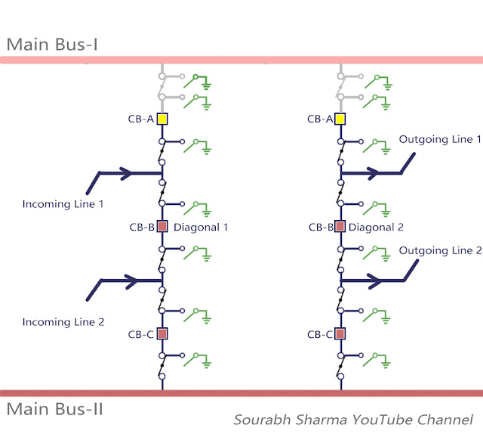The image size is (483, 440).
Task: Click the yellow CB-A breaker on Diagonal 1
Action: coord(162,119)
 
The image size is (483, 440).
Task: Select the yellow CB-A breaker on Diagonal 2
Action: coord(340,119)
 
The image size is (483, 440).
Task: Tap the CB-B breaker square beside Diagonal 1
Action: coord(162,227)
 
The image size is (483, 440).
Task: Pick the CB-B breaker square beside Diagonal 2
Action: coord(340,227)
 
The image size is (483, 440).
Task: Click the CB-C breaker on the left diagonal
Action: coord(162,333)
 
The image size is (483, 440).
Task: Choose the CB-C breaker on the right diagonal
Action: coord(340,333)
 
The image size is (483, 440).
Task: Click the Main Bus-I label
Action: coord(52,45)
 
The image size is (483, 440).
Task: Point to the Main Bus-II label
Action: coord(55,409)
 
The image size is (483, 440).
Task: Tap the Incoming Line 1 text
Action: coord(63,204)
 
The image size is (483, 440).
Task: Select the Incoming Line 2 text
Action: coord(63,322)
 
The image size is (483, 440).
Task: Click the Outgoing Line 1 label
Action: coord(440,139)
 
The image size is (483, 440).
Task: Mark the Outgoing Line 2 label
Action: coord(440,250)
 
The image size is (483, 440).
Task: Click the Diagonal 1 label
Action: coord(201,228)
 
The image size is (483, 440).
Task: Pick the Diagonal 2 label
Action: coord(376,228)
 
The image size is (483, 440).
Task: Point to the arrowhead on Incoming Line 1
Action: coord(126,173)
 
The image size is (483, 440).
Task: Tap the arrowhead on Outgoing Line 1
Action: coord(374,173)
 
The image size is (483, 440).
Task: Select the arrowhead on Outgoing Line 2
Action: coord(375,281)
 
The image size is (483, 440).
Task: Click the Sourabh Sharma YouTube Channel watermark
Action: coord(353,420)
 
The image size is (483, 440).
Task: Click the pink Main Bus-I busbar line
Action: coord(241,60)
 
